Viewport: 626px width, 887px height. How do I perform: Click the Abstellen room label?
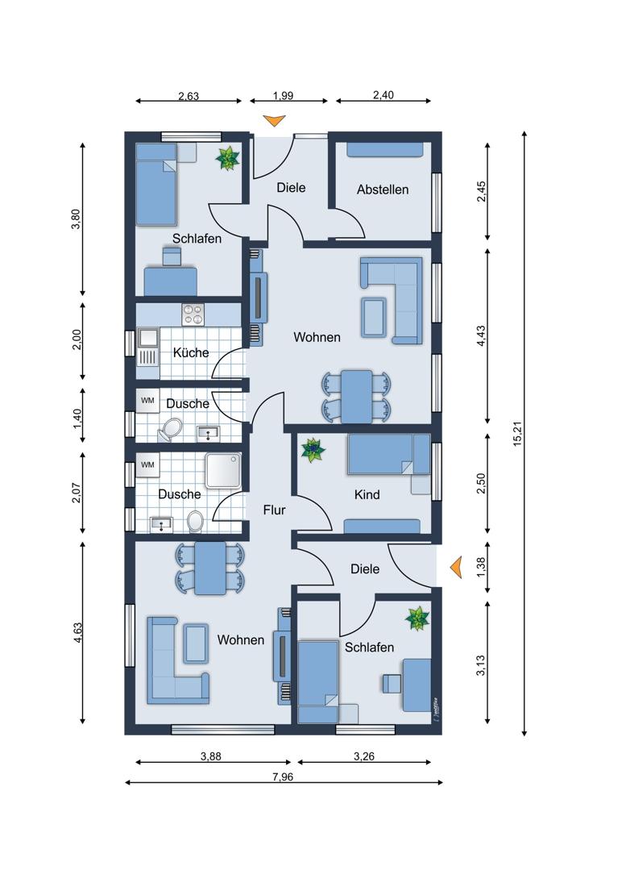coord(383,189)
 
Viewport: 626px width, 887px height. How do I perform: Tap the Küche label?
coord(191,352)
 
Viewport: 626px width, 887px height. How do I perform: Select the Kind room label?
coord(367,495)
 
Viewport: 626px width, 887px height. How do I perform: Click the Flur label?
coord(274,510)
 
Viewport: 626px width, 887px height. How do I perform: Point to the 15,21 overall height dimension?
coord(517,434)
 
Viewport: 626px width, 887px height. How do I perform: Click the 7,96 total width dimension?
coord(283,777)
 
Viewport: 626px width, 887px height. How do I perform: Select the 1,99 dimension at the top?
coord(283,96)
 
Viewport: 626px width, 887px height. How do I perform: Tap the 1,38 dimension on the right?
coord(481,568)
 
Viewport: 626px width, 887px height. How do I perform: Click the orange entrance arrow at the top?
coord(275,120)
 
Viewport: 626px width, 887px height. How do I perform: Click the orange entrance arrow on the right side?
coord(456,567)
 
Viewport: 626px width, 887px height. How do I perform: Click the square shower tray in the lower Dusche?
coord(223,470)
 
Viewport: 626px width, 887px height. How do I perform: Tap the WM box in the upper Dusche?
coord(147,401)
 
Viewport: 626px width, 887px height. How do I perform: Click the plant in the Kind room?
coord(313,450)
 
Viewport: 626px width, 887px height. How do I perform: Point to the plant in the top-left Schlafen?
coord(228,158)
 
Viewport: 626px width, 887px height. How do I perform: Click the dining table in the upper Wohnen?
coord(356,396)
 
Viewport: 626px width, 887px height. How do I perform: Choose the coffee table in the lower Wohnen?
coord(196,643)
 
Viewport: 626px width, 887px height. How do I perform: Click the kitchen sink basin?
coord(148,338)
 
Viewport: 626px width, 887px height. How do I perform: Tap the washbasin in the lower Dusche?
coord(162,525)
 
